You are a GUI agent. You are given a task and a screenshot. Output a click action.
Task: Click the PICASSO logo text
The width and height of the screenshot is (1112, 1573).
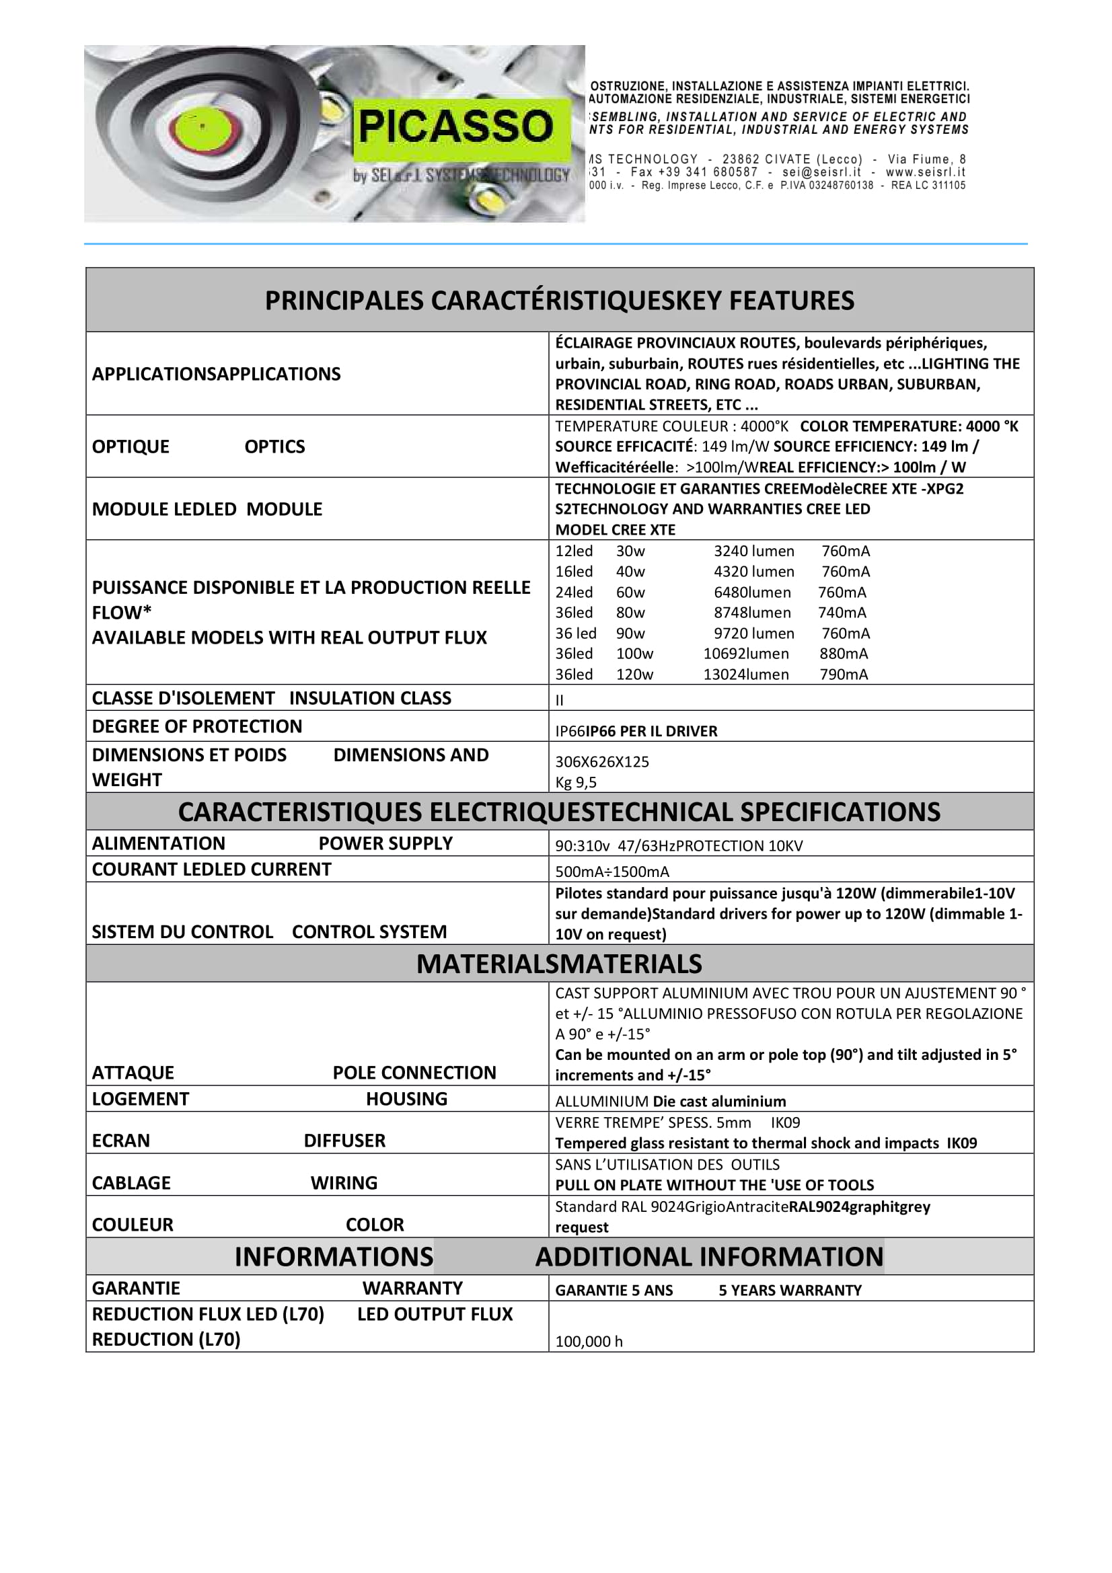point(455,126)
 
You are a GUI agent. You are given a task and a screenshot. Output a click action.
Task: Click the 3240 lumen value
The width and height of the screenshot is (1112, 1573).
point(753,551)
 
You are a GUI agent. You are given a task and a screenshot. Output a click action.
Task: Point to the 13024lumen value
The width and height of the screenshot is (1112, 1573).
point(745,675)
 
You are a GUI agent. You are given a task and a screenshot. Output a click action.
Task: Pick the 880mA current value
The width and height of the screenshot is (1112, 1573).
point(844,654)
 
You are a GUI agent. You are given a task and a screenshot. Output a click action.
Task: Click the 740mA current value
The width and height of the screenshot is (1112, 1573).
point(842,613)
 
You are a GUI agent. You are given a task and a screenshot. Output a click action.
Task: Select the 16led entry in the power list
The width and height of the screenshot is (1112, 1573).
point(573,572)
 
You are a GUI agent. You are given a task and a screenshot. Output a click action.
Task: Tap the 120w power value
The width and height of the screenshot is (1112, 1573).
point(634,675)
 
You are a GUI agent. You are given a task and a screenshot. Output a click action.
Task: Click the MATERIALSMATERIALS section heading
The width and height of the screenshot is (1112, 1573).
point(559,964)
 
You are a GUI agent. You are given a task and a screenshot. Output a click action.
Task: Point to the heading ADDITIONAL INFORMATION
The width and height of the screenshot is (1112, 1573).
point(709,1257)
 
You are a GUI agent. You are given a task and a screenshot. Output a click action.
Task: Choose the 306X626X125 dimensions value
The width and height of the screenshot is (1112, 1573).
point(601,762)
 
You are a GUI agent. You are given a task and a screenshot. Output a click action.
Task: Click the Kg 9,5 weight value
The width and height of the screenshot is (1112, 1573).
point(576,782)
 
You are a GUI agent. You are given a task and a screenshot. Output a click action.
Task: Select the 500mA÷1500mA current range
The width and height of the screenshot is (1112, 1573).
point(612,872)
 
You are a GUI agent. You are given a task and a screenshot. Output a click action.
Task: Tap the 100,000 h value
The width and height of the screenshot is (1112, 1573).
point(589,1342)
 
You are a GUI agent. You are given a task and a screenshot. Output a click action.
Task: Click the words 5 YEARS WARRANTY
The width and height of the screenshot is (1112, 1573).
point(789,1291)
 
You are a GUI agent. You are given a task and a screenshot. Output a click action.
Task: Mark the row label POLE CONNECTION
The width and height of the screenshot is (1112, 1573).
point(414,1073)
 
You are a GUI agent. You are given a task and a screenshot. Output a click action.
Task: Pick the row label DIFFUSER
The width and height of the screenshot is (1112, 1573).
point(344,1141)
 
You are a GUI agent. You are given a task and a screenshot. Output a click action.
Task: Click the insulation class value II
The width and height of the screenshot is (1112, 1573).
point(559,700)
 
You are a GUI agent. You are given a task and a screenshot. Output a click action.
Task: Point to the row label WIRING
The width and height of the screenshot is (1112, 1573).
point(343,1183)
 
